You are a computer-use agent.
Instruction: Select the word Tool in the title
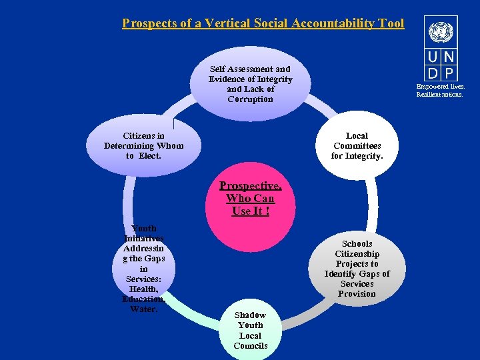[391, 23]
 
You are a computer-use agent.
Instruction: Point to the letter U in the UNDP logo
[432, 57]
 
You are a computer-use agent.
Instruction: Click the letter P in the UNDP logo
[448, 73]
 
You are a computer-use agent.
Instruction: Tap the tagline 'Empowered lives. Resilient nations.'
[441, 90]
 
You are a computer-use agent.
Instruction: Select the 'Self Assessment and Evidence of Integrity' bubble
[250, 84]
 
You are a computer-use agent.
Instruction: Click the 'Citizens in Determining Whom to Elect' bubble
[144, 146]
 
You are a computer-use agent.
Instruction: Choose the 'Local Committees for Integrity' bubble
[357, 146]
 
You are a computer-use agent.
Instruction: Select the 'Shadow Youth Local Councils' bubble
[250, 330]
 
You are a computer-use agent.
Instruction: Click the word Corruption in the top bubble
[250, 99]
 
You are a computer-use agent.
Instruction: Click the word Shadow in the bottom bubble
[250, 315]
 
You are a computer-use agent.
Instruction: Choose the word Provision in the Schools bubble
[357, 293]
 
